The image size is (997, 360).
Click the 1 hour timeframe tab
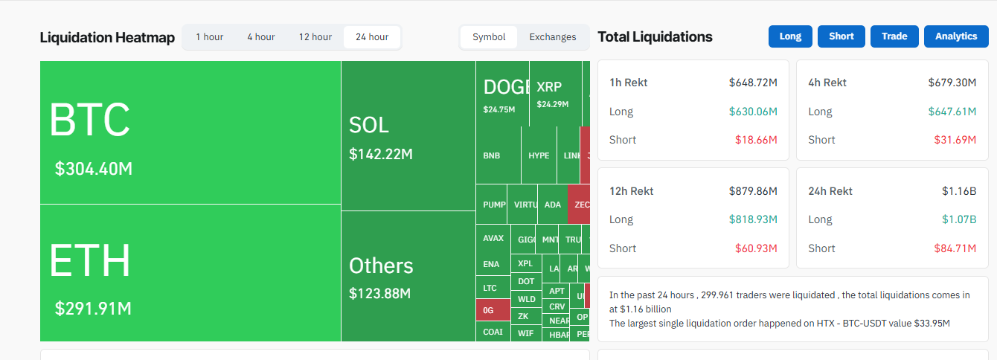coord(209,37)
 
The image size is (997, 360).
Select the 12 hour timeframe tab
coord(315,37)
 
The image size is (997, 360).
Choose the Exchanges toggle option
coord(552,37)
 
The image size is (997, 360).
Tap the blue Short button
coord(841,36)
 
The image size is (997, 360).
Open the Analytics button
coord(955,36)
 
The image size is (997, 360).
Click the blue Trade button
coord(894,36)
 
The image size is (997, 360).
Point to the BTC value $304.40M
coord(94,169)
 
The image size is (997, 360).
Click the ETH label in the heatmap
coord(90,261)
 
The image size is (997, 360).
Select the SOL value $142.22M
coord(380,154)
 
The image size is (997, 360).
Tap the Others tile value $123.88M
coord(379,293)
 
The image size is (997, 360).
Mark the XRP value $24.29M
coord(552,104)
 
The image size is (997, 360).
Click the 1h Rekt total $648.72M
coord(753,83)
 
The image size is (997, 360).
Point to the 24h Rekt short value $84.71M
coord(955,248)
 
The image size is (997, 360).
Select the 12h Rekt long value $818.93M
coord(753,219)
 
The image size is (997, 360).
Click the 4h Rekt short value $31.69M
coord(955,140)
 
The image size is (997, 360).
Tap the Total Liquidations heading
coord(655,37)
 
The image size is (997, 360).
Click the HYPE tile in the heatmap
coord(539,155)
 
